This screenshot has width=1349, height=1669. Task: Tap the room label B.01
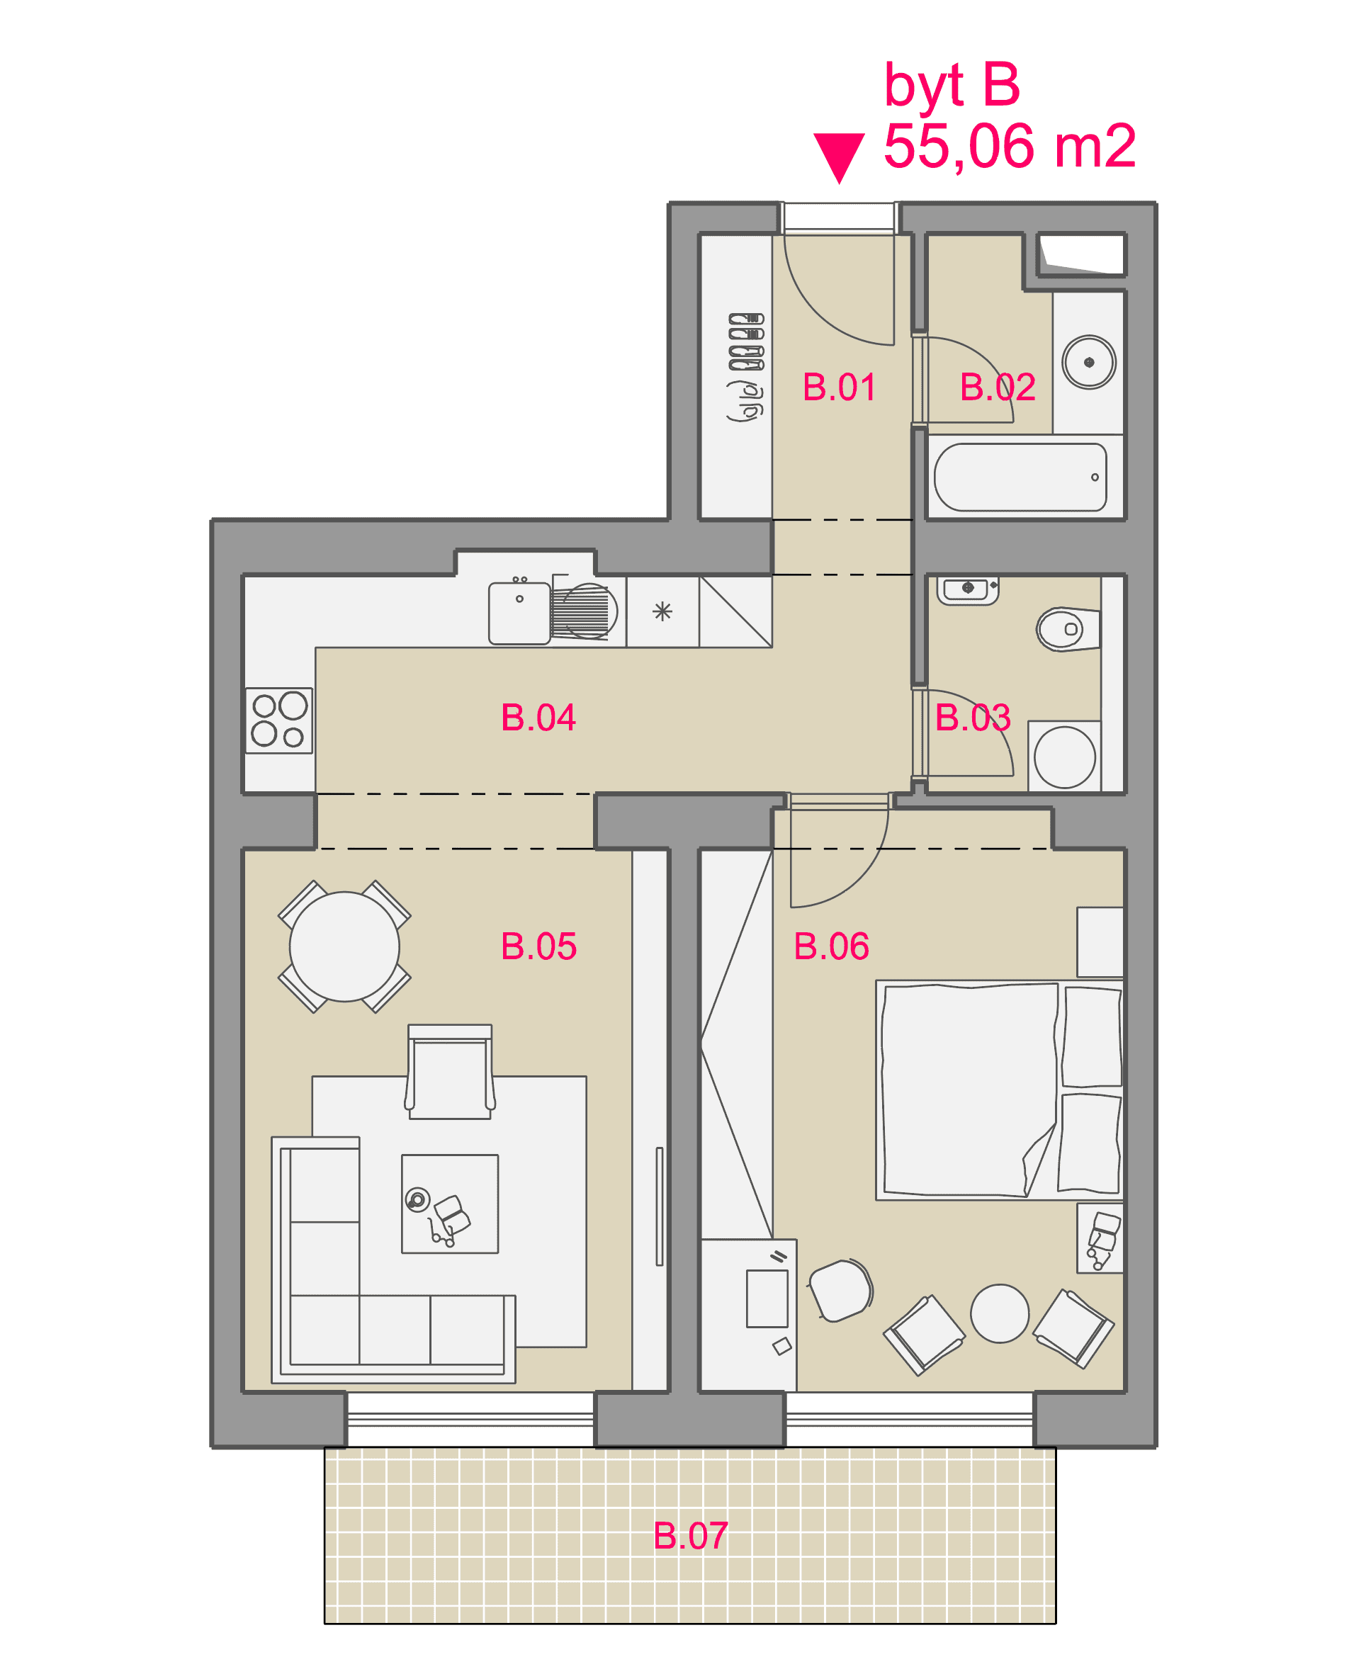pyautogui.click(x=840, y=387)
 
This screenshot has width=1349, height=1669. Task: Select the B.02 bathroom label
pyautogui.click(x=998, y=387)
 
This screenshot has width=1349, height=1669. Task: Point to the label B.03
pyautogui.click(x=973, y=717)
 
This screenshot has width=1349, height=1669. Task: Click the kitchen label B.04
pyautogui.click(x=538, y=717)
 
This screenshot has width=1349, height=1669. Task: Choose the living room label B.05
pyautogui.click(x=538, y=946)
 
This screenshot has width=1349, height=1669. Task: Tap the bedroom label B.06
pyautogui.click(x=832, y=946)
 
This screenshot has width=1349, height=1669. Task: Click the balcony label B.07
pyautogui.click(x=691, y=1535)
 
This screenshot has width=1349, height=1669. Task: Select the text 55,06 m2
pyautogui.click(x=1010, y=145)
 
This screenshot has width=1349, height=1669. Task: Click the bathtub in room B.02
pyautogui.click(x=1020, y=477)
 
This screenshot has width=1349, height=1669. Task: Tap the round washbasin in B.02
pyautogui.click(x=1090, y=362)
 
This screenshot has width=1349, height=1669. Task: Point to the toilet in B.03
pyautogui.click(x=1068, y=629)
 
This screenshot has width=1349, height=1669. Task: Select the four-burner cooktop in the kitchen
pyautogui.click(x=279, y=720)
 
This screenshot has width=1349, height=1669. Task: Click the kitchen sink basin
pyautogui.click(x=519, y=613)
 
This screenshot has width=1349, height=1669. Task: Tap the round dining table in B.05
pyautogui.click(x=344, y=946)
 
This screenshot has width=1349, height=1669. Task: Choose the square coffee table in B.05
pyautogui.click(x=450, y=1204)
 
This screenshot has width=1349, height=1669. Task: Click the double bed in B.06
pyautogui.click(x=999, y=1090)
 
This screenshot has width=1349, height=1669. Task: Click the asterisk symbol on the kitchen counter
pyautogui.click(x=662, y=611)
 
